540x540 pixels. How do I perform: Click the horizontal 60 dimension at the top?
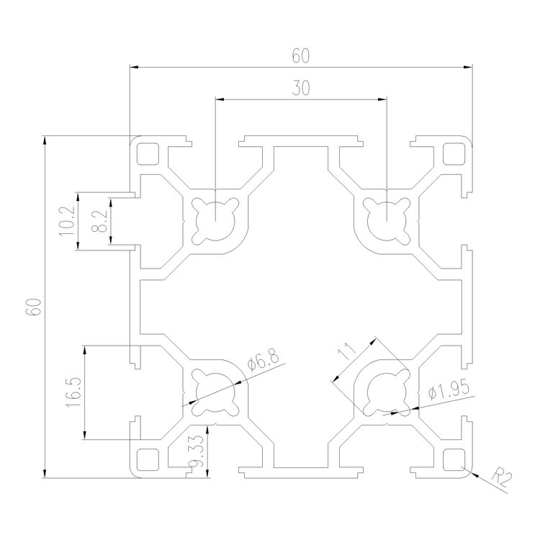(300, 55)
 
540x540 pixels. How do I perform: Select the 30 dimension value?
(301, 88)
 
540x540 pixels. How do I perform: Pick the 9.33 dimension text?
(195, 455)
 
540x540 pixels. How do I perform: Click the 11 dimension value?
(346, 353)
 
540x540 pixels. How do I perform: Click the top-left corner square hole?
(148, 153)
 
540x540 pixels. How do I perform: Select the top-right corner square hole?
(454, 153)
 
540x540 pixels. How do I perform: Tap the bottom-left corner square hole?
(148, 458)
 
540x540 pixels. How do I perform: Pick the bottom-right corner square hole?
(454, 458)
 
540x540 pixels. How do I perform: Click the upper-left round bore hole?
(215, 215)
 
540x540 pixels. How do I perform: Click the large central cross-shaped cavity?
(301, 305)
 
